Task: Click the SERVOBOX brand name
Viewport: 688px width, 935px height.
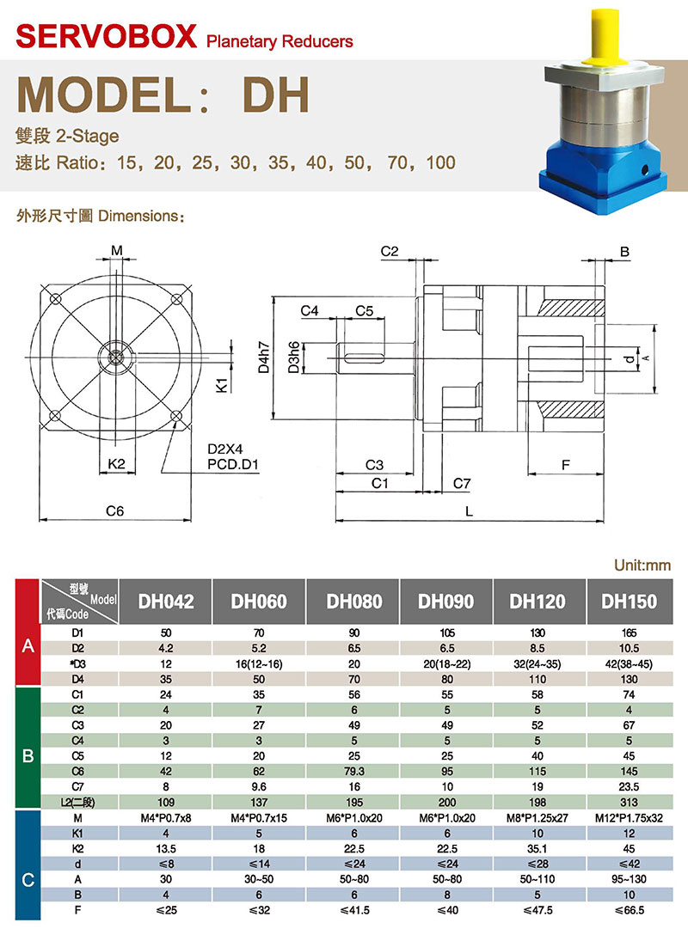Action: click(107, 36)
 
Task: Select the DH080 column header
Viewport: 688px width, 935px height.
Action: click(353, 601)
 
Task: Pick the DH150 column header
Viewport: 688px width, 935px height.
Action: click(629, 601)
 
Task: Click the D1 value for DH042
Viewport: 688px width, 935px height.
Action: click(166, 632)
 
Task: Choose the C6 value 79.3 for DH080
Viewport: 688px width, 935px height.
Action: click(353, 771)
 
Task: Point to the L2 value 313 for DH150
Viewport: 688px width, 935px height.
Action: click(629, 802)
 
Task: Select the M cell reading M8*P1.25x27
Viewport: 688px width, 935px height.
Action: click(537, 817)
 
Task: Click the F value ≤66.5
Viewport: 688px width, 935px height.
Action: click(629, 910)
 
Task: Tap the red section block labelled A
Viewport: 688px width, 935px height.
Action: click(28, 632)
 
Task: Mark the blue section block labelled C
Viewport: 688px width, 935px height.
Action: click(28, 864)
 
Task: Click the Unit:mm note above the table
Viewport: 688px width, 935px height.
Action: click(642, 565)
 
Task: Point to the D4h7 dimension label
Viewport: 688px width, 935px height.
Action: click(263, 357)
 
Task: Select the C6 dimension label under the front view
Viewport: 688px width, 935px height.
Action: click(114, 510)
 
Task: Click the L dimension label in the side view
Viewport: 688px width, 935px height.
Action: click(469, 511)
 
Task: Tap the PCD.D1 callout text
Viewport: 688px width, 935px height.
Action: click(233, 465)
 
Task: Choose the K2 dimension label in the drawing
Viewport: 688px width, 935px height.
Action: click(116, 464)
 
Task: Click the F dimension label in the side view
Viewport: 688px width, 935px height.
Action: click(566, 465)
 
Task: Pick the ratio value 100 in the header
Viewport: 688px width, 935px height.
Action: click(440, 162)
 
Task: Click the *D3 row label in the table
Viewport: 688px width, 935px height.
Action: click(77, 663)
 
